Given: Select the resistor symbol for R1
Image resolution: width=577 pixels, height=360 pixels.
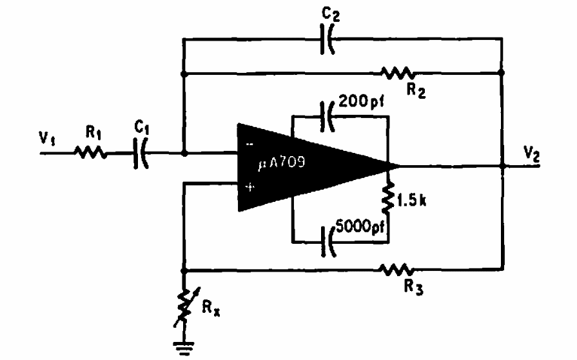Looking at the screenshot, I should click(88, 154).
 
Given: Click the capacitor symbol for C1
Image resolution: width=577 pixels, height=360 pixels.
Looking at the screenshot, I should click(140, 155).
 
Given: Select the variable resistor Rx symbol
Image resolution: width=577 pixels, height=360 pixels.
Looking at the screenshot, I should click(184, 303).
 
